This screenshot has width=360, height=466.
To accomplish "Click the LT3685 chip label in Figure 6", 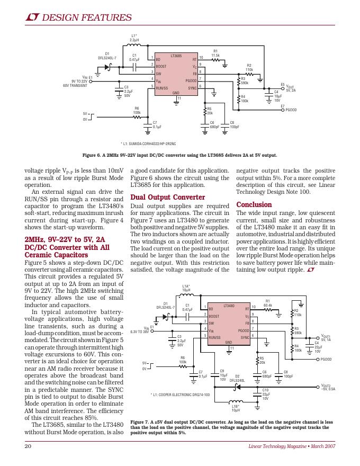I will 176,55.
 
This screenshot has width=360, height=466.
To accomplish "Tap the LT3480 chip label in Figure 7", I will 229,306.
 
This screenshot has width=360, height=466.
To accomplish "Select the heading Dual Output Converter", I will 167,198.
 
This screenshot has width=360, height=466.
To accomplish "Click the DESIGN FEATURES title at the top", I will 86,18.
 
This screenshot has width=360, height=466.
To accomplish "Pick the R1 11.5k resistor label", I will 215,53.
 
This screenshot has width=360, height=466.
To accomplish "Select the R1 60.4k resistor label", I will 267,303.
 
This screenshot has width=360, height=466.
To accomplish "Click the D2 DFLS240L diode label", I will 237,378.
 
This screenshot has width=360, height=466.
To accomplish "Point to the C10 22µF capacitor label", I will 266,394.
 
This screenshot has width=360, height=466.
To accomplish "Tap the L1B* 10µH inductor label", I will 236,408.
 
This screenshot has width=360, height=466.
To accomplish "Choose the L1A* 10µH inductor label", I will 186,288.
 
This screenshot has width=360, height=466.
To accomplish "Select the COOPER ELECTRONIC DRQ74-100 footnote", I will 180,395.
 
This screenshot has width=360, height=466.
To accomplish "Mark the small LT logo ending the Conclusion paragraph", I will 310,271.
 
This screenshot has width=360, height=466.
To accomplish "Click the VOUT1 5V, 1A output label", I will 326,338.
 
